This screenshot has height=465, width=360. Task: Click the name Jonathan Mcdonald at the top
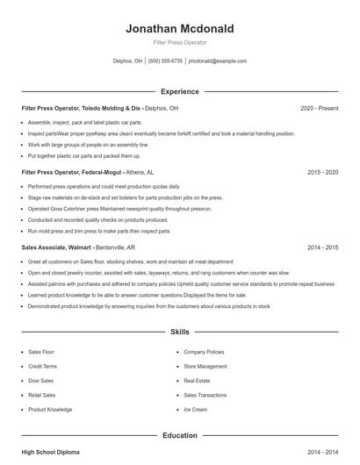coord(180,28)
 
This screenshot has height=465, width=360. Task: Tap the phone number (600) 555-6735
coord(166,61)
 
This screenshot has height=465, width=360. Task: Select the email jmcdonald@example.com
coord(218,61)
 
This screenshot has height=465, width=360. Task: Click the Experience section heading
coord(180,91)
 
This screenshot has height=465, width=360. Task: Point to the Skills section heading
coord(180,333)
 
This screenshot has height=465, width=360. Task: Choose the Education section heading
coord(180,434)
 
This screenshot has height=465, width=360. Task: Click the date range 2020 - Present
coord(319,108)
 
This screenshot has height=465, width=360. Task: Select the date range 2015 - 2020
coord(322,173)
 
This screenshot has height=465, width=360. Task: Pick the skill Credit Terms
coord(42,366)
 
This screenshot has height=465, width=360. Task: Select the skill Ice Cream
coord(195,410)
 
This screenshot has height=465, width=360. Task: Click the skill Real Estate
coord(197,381)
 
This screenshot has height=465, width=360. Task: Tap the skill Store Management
coord(205,366)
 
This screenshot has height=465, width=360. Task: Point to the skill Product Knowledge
coord(50,410)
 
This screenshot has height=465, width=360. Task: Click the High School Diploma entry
coord(50,451)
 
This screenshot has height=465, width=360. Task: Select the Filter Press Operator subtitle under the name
coord(180,42)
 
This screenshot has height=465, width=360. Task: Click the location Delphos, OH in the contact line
coord(127,61)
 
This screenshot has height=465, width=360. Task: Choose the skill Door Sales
coord(40,381)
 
